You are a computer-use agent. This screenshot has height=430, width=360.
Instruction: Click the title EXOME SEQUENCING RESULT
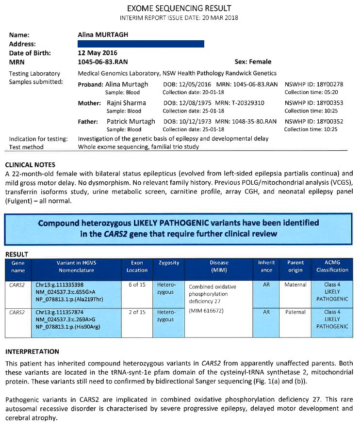tap(179, 8)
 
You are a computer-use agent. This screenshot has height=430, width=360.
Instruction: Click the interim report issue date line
tap(179, 18)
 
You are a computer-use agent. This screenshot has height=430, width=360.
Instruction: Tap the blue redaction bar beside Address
tap(141, 44)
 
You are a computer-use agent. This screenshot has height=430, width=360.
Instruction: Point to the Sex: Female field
tap(253, 62)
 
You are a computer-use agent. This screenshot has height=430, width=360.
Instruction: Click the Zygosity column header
tap(169, 263)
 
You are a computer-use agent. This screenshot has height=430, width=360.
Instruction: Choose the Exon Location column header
tap(137, 266)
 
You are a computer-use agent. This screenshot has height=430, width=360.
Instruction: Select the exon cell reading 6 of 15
tap(137, 285)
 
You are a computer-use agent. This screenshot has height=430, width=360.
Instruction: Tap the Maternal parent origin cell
tap(295, 285)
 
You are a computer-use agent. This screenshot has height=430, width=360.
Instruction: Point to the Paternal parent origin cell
tap(295, 312)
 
